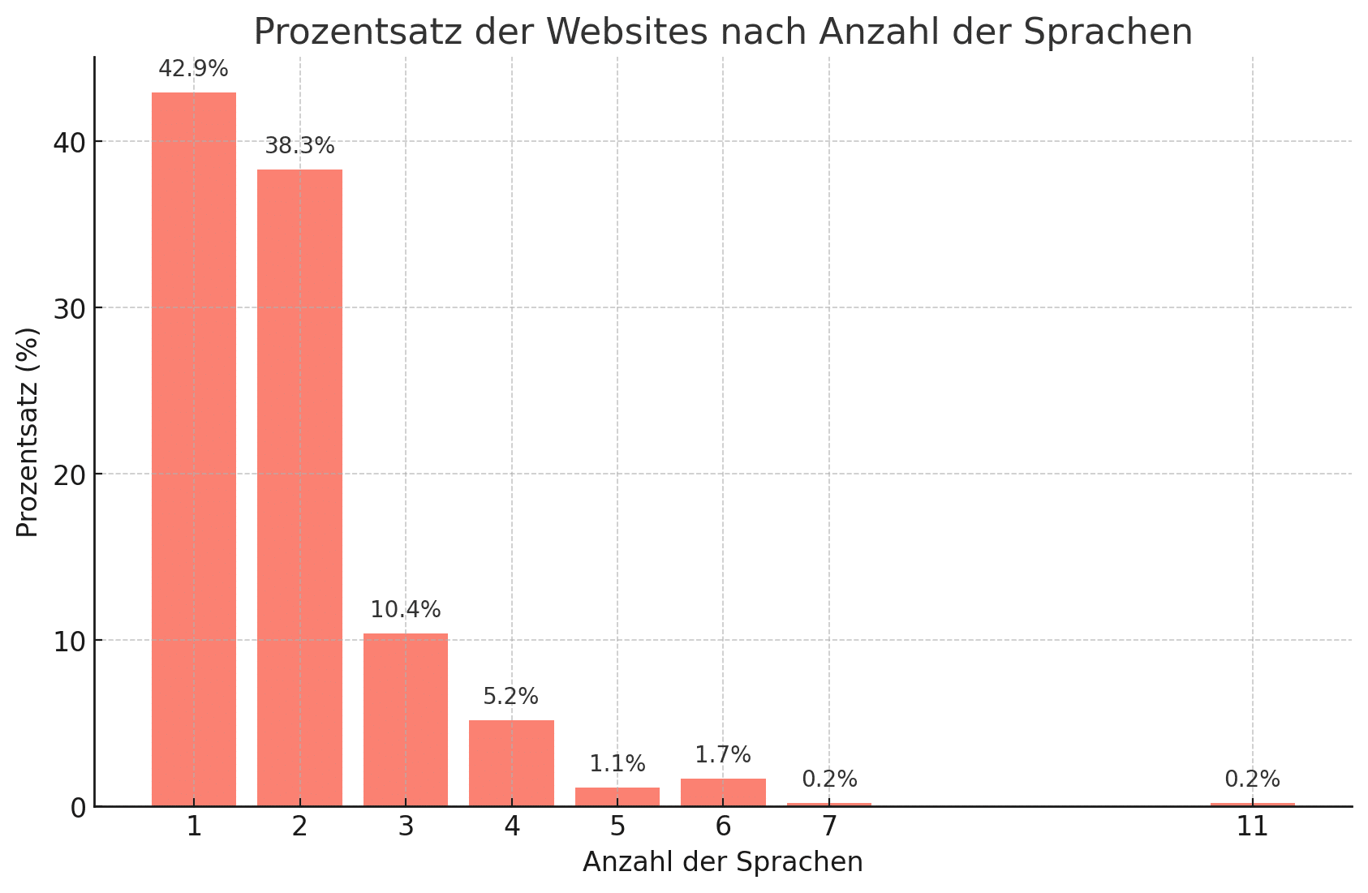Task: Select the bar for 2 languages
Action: (x=299, y=487)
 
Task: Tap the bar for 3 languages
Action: (x=406, y=719)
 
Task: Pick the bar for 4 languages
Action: (x=511, y=762)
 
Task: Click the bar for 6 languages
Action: (x=723, y=792)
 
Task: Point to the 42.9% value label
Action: (x=193, y=70)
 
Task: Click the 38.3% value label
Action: (x=299, y=147)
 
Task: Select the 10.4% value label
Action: (x=406, y=610)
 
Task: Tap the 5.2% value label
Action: (x=511, y=697)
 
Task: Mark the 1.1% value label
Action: (x=617, y=764)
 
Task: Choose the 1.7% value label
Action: (x=723, y=755)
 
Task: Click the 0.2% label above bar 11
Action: (x=1252, y=779)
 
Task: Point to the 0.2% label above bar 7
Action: (x=829, y=779)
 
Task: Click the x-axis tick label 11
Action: (x=1252, y=827)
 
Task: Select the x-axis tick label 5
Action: (x=617, y=827)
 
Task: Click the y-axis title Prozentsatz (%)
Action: (x=28, y=431)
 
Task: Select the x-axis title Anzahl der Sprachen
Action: (x=723, y=862)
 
